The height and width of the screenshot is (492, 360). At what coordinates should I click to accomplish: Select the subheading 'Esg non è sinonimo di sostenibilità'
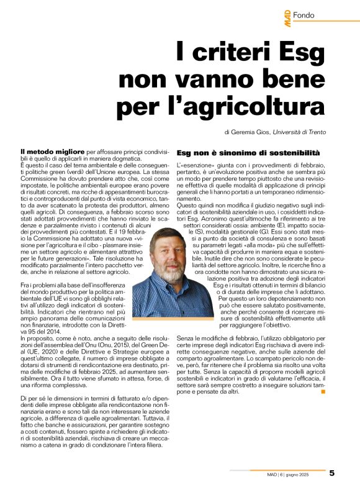[248, 152]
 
